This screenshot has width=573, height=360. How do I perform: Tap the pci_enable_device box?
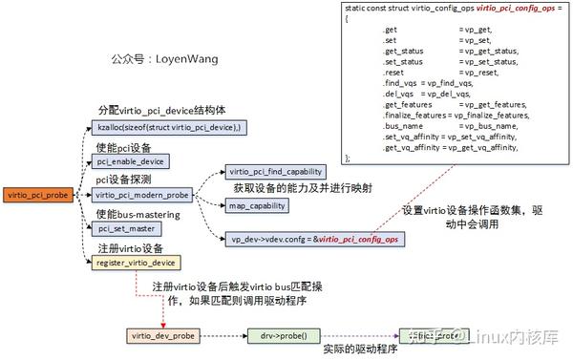coord(132,161)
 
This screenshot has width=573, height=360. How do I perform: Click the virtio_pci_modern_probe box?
coord(142,195)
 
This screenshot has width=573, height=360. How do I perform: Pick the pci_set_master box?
coord(124,228)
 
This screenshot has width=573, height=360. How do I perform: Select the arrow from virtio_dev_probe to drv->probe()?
coord(219,336)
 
